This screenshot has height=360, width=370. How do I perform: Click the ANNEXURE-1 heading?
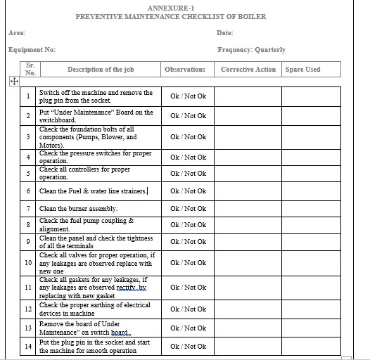click(170, 7)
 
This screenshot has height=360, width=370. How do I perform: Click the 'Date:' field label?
click(225, 33)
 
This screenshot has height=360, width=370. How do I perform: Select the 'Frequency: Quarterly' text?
click(251, 50)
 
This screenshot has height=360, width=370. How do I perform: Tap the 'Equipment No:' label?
click(32, 50)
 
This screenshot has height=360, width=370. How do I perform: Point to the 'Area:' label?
click(17, 33)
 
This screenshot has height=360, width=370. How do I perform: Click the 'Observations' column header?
click(185, 70)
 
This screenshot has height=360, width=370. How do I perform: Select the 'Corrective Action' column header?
click(248, 70)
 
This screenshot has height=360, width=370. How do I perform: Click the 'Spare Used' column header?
click(302, 70)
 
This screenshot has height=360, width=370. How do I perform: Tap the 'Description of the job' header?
click(101, 70)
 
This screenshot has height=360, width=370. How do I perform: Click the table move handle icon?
click(13, 82)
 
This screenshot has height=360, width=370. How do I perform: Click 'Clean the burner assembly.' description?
click(78, 209)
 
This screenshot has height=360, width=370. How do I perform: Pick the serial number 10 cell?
click(28, 263)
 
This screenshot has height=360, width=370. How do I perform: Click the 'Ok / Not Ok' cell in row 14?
click(188, 347)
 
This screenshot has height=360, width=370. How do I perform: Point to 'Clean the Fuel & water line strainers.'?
click(93, 191)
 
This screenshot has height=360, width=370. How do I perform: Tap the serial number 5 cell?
click(28, 173)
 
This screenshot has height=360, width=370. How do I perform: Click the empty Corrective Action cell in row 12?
click(248, 309)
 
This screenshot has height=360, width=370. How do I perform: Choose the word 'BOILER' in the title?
click(252, 16)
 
